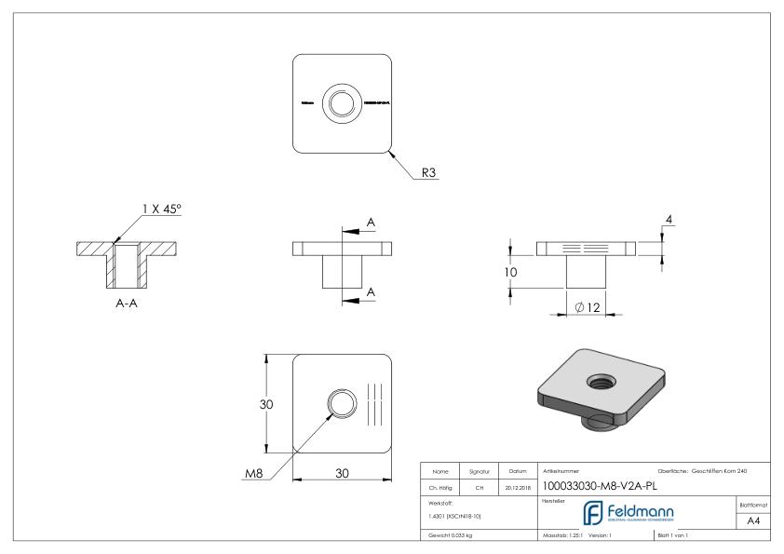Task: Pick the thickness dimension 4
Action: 669,220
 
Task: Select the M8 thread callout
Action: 252,472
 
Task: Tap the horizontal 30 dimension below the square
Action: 342,473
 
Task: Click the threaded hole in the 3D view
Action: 597,379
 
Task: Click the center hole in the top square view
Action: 342,101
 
